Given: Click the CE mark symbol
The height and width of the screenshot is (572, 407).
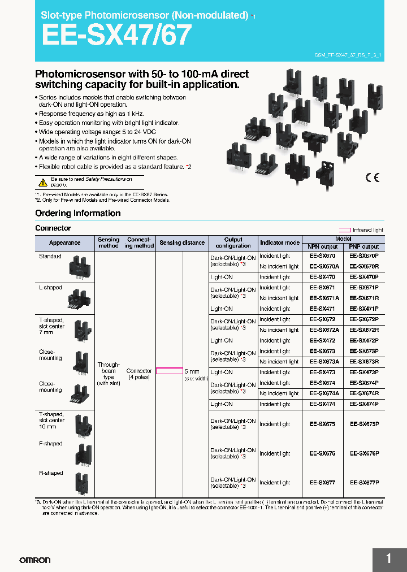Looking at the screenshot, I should [x=372, y=178].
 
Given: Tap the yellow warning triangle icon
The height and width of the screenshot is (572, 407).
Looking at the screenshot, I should [x=43, y=182].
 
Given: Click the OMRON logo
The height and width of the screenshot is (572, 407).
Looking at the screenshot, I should [x=35, y=560].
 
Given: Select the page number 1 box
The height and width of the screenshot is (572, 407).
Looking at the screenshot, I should [x=389, y=559].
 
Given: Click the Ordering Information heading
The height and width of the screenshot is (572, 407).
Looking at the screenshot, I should [x=78, y=213].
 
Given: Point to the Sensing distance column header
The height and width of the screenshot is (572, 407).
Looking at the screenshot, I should [x=182, y=243].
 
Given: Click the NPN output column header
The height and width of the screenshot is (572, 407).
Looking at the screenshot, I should [x=322, y=247].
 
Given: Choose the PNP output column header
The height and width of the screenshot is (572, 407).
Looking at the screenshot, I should [x=363, y=247].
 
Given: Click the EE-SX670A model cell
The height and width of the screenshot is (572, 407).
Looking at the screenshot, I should [x=324, y=266].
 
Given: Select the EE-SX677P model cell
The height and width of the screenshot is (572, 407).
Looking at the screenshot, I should [x=364, y=483].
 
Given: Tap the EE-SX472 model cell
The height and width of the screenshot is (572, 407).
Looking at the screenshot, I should [x=322, y=341].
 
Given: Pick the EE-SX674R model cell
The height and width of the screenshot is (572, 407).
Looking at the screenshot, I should [x=364, y=393].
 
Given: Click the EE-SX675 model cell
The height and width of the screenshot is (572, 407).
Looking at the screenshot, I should [x=322, y=424].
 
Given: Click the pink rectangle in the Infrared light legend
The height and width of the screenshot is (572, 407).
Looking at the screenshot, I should [x=344, y=230].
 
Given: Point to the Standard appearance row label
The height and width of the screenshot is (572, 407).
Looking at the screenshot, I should [x=50, y=257].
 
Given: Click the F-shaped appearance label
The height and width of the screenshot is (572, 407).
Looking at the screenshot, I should [x=51, y=444].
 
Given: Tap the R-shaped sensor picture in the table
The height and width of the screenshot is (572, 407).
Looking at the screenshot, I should [x=79, y=484].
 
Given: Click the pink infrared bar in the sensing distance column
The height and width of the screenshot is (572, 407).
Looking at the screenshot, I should [x=169, y=371].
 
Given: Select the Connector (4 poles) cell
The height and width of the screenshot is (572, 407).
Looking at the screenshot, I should [x=138, y=374].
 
